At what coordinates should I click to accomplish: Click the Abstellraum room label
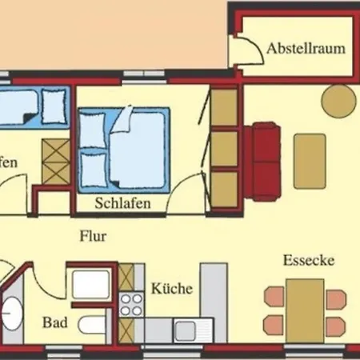tap(307, 49)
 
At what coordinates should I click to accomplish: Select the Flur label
tap(94, 236)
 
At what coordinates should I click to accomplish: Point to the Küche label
tap(172, 288)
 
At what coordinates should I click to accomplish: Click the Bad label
tap(54, 324)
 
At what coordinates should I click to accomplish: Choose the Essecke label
tap(307, 261)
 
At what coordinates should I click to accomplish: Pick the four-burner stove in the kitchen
tap(130, 304)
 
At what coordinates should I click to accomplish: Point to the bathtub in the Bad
tap(90, 285)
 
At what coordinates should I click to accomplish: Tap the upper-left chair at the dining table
tap(274, 296)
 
